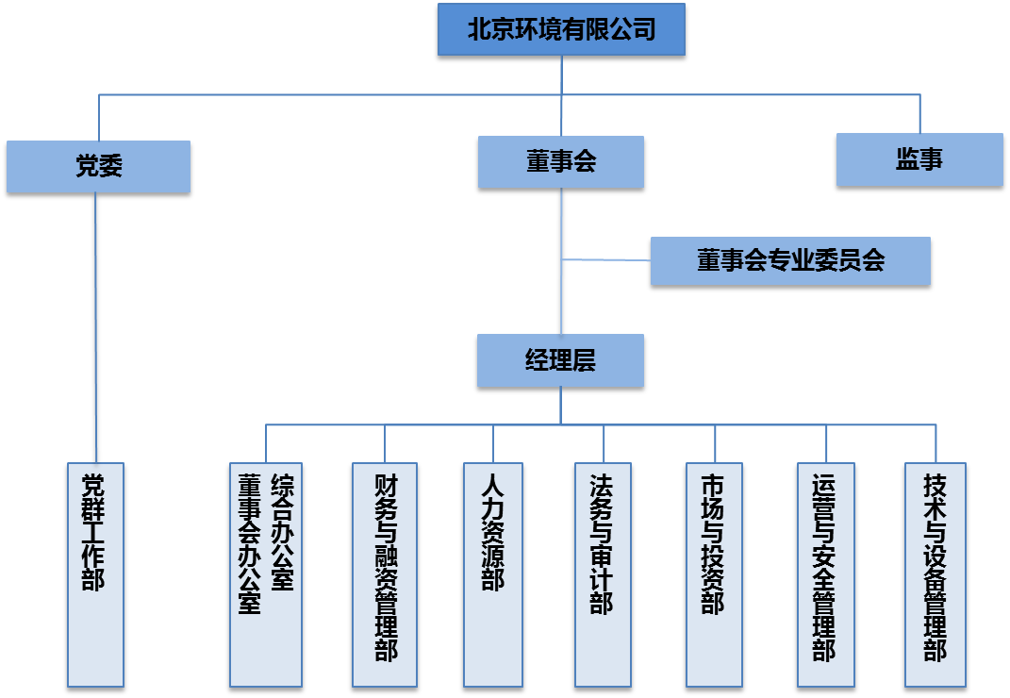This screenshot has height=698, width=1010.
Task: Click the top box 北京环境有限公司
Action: click(561, 30)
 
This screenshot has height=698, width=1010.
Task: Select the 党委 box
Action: click(98, 167)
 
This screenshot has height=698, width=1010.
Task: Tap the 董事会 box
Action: click(561, 161)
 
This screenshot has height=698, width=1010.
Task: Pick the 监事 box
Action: click(919, 160)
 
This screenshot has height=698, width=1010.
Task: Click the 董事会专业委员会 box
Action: click(790, 260)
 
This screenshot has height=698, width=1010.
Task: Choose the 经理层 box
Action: click(561, 360)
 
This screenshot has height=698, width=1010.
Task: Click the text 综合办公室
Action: click(281, 533)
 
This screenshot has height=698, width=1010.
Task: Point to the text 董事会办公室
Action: click(250, 545)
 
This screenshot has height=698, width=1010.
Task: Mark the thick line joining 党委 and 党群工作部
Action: click(95, 330)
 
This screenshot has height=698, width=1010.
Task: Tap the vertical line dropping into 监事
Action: click(919, 113)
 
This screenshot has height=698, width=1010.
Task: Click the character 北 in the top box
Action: click(480, 30)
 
